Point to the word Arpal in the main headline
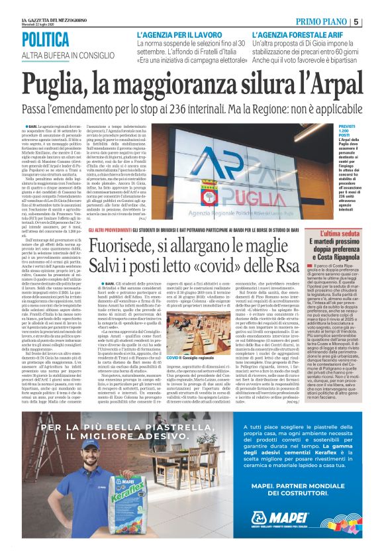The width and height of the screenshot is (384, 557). coord(330,83)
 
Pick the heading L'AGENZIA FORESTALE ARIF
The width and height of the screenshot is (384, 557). coord(295,33)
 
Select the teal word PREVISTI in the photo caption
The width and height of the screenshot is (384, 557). coord(347,125)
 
